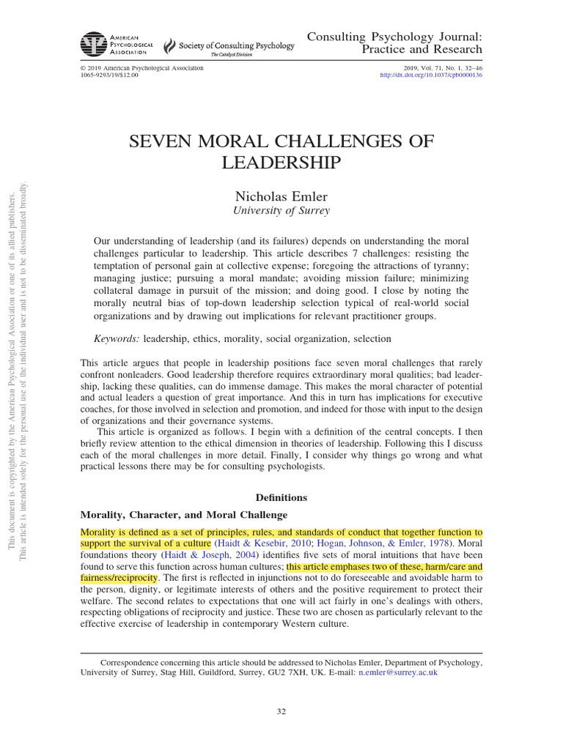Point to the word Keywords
[x=116, y=338]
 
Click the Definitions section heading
[x=281, y=497]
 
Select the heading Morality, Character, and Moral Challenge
[x=183, y=515]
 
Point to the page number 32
[x=281, y=710]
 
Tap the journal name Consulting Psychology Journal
[x=394, y=36]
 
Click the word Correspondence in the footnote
[x=133, y=661]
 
